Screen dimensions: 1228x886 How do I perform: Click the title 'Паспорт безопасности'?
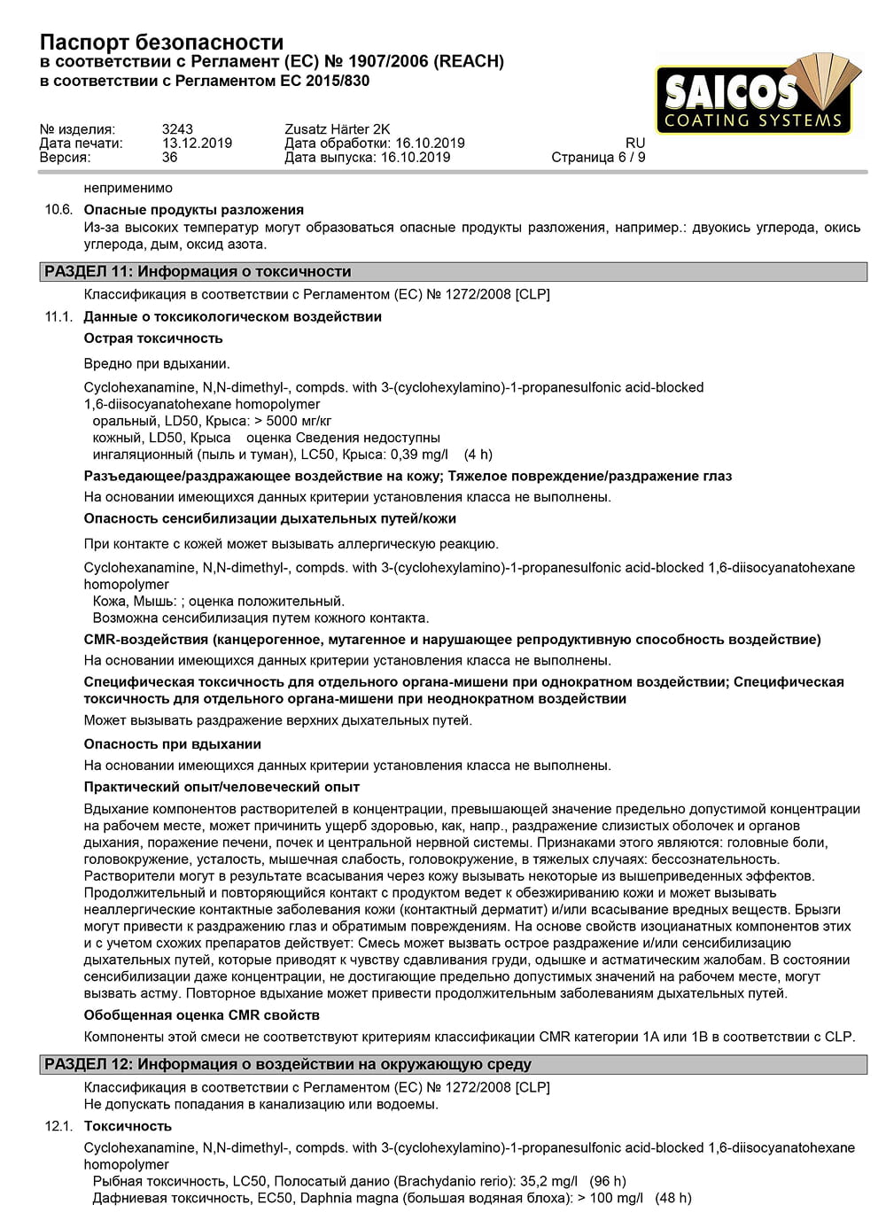(161, 42)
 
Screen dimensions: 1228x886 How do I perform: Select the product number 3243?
(177, 129)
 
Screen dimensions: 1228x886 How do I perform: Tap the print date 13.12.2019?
(197, 144)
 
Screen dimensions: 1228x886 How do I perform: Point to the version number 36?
(169, 158)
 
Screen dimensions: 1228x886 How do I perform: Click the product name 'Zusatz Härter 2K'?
(337, 129)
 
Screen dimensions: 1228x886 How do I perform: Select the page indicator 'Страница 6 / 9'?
(598, 158)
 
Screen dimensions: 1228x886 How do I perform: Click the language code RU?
(635, 144)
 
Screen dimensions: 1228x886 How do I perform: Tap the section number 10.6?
(58, 210)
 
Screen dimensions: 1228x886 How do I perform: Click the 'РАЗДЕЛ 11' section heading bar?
(452, 272)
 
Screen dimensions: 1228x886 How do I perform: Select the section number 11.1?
(58, 317)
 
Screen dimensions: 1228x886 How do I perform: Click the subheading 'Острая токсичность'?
(153, 338)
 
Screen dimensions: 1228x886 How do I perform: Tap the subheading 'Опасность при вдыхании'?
(173, 744)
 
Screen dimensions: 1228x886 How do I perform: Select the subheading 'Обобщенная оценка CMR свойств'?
(202, 1015)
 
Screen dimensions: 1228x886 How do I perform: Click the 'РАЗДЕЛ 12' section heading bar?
(452, 1065)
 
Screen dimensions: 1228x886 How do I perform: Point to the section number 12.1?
(58, 1126)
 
